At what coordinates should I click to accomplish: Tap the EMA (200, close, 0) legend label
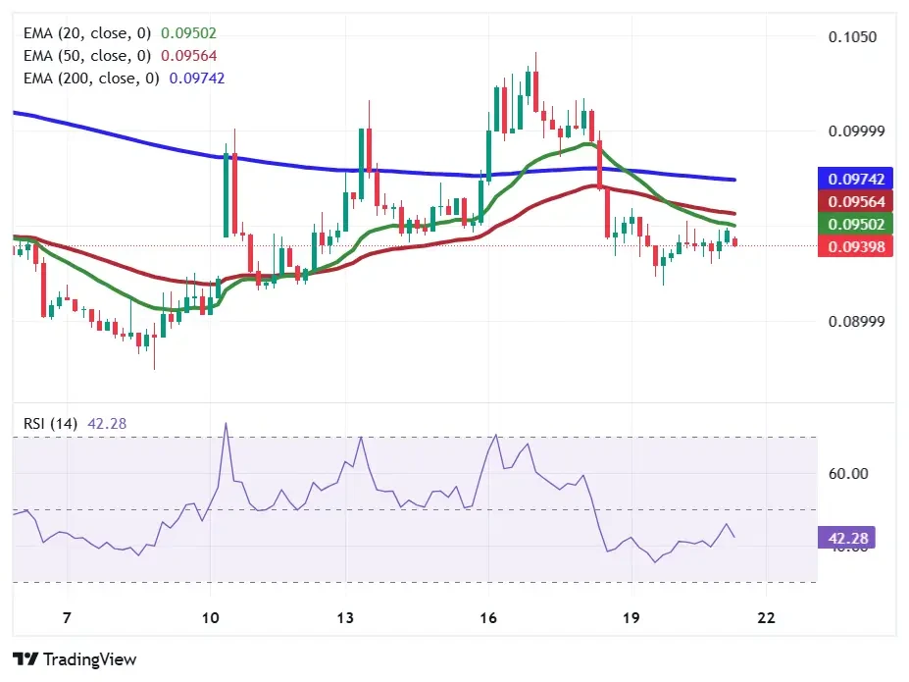tap(91, 78)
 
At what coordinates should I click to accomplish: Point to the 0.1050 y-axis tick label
tap(851, 37)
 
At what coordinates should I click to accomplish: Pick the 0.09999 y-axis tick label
tap(854, 131)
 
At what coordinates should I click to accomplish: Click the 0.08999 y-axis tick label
tap(854, 322)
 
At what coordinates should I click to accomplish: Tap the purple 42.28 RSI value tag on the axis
tap(848, 538)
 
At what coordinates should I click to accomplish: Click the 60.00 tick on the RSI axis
tap(848, 473)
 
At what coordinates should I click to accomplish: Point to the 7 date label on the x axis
tap(67, 618)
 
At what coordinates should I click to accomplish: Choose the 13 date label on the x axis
tap(344, 618)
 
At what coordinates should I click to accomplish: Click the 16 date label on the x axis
tap(488, 618)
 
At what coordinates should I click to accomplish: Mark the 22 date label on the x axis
tap(766, 618)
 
